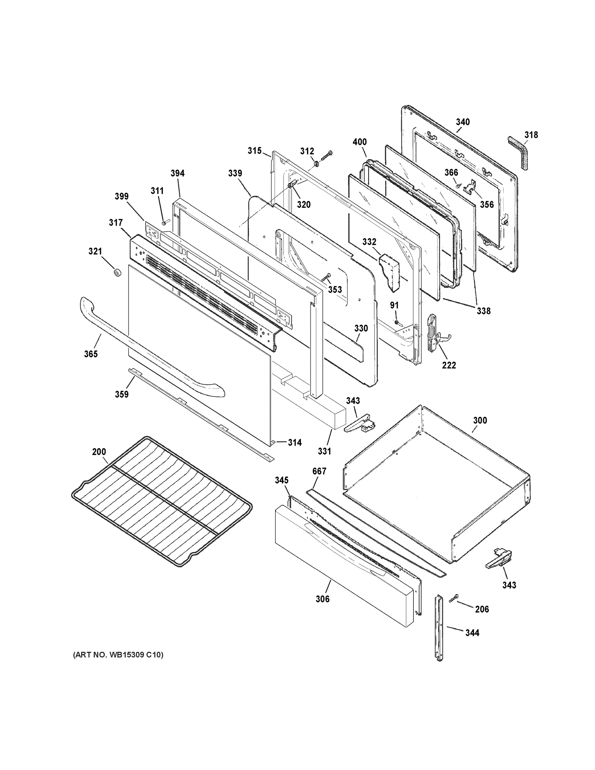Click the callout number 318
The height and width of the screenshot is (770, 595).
pos(531,135)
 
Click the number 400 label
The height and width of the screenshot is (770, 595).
pos(360,142)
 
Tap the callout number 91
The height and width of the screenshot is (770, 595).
pos(394,305)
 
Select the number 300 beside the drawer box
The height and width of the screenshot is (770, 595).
pos(480,420)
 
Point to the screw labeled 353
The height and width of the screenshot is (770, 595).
pos(326,277)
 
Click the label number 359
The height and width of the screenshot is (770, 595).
pos(122,394)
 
